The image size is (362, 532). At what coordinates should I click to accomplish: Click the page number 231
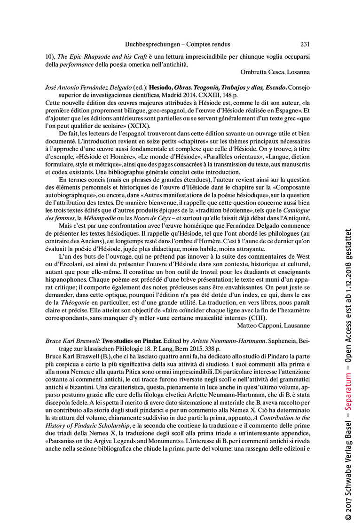tap(305, 44)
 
